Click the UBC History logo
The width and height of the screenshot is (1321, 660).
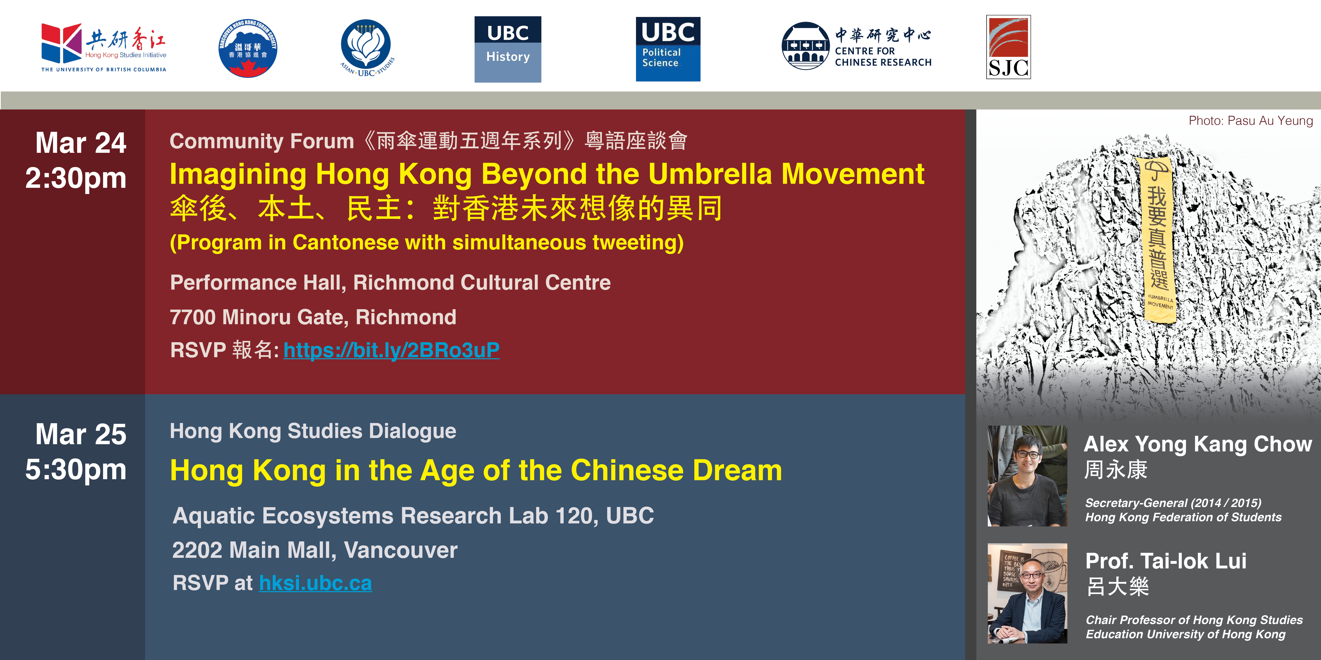tap(508, 49)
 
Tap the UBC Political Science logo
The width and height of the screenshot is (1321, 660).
tap(668, 49)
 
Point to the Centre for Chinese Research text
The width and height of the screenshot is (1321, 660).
tap(883, 56)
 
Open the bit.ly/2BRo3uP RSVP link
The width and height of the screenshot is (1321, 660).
tap(391, 350)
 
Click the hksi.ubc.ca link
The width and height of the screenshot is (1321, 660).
tap(315, 583)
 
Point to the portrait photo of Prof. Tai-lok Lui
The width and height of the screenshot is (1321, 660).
tap(1027, 593)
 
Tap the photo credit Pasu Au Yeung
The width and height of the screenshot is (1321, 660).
tap(1251, 121)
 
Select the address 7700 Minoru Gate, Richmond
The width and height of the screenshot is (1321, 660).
tap(313, 317)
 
